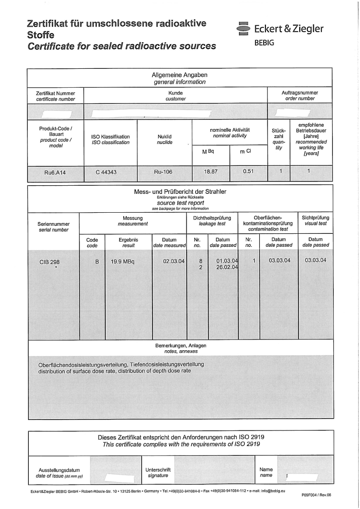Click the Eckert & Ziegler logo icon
[x=243, y=28]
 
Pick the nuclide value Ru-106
[x=162, y=171]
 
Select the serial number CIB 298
[x=49, y=261]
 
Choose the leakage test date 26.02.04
[x=227, y=268]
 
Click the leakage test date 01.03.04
[x=227, y=261]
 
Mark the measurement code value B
[x=97, y=261]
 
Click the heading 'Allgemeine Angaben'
[x=180, y=75]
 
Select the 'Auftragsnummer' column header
[x=300, y=92]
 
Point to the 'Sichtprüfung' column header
[x=315, y=218]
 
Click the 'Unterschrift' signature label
[x=158, y=469]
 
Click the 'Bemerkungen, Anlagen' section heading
[x=180, y=345]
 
